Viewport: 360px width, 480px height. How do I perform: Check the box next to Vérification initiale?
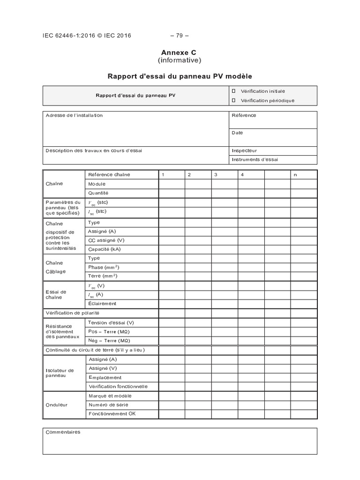point(233,91)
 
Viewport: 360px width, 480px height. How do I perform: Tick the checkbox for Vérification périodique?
point(233,100)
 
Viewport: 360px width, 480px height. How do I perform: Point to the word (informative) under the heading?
point(180,60)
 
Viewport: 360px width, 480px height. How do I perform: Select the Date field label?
point(237,133)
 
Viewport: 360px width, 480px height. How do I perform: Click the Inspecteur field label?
point(244,150)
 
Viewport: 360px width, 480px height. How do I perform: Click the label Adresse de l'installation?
point(74,115)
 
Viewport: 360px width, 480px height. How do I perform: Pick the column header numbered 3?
point(216,175)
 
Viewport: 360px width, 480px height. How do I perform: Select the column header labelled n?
point(295,175)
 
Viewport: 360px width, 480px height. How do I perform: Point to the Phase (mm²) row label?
point(104,267)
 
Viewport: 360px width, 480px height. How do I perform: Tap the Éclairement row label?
point(102,303)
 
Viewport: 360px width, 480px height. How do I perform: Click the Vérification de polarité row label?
point(72,313)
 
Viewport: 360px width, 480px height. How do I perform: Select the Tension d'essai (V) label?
point(111,322)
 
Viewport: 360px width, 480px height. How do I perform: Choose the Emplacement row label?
point(105,377)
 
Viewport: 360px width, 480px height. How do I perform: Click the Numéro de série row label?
point(108,405)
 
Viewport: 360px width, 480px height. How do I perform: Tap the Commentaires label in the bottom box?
point(63,432)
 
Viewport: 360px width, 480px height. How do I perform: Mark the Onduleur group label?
point(57,405)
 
